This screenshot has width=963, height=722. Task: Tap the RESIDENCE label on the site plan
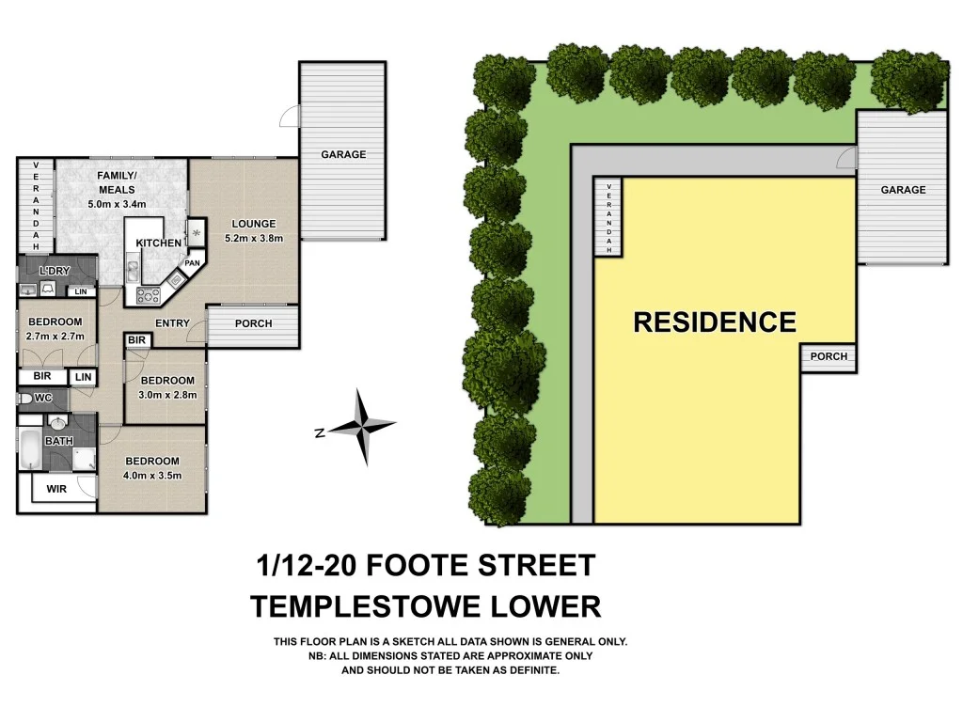click(715, 322)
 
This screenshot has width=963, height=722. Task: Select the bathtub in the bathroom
click(29, 450)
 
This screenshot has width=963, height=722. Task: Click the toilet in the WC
click(25, 399)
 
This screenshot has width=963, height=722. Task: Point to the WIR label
click(56, 489)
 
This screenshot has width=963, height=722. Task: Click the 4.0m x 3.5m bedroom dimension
click(152, 475)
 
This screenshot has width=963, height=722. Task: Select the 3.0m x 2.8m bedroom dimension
click(167, 394)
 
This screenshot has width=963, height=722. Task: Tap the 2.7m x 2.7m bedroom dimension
click(55, 336)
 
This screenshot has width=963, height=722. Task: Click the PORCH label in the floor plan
click(253, 323)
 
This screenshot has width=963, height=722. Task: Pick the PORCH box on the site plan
click(829, 356)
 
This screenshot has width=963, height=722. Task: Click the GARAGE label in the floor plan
click(343, 154)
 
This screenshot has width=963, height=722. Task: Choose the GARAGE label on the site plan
click(903, 190)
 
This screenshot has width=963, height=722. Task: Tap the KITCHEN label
click(159, 243)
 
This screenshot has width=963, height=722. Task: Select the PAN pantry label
click(192, 264)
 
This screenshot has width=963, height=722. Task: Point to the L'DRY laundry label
click(55, 271)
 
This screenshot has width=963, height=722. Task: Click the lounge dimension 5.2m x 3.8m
click(254, 238)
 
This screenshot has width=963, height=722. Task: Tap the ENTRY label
click(172, 323)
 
